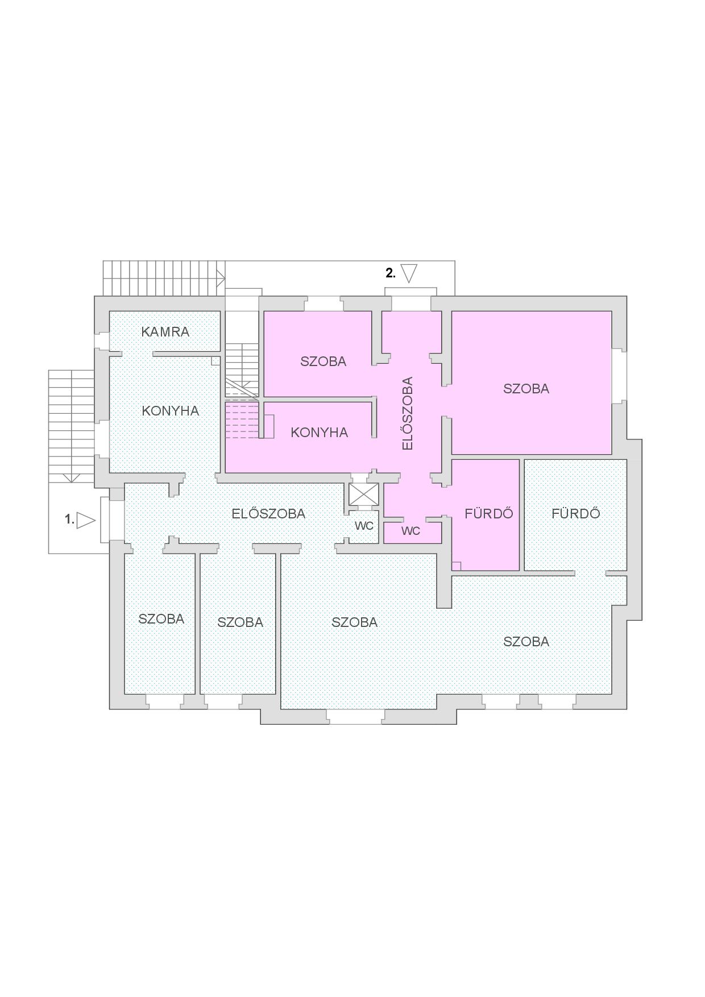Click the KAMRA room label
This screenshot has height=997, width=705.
tap(165, 332)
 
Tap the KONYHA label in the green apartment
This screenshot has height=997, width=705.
tap(171, 411)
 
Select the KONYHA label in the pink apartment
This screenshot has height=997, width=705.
tap(319, 433)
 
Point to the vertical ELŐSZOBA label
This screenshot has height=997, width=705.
tap(407, 413)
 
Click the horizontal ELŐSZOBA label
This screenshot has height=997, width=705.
tap(268, 514)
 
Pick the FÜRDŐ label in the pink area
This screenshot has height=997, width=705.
tap(489, 514)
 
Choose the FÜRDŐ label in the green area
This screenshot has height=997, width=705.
tap(576, 514)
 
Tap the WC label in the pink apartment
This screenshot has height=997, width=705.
tap(410, 531)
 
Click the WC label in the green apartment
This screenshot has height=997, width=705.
tap(364, 526)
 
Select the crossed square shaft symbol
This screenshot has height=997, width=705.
tap(363, 495)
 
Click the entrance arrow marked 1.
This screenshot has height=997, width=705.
tap(86, 520)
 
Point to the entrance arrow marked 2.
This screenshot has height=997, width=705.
tap(409, 273)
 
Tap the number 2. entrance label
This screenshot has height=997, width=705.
tap(391, 273)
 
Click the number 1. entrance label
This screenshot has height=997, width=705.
tap(69, 520)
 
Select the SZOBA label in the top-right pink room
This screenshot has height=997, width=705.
tap(526, 389)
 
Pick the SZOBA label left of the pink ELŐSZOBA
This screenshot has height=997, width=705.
tap(323, 362)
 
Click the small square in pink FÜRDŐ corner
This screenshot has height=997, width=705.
tap(456, 566)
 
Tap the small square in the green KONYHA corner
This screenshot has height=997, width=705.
tap(215, 361)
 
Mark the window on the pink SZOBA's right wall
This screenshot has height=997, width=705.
tap(619, 376)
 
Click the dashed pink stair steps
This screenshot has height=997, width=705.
tap(243, 421)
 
